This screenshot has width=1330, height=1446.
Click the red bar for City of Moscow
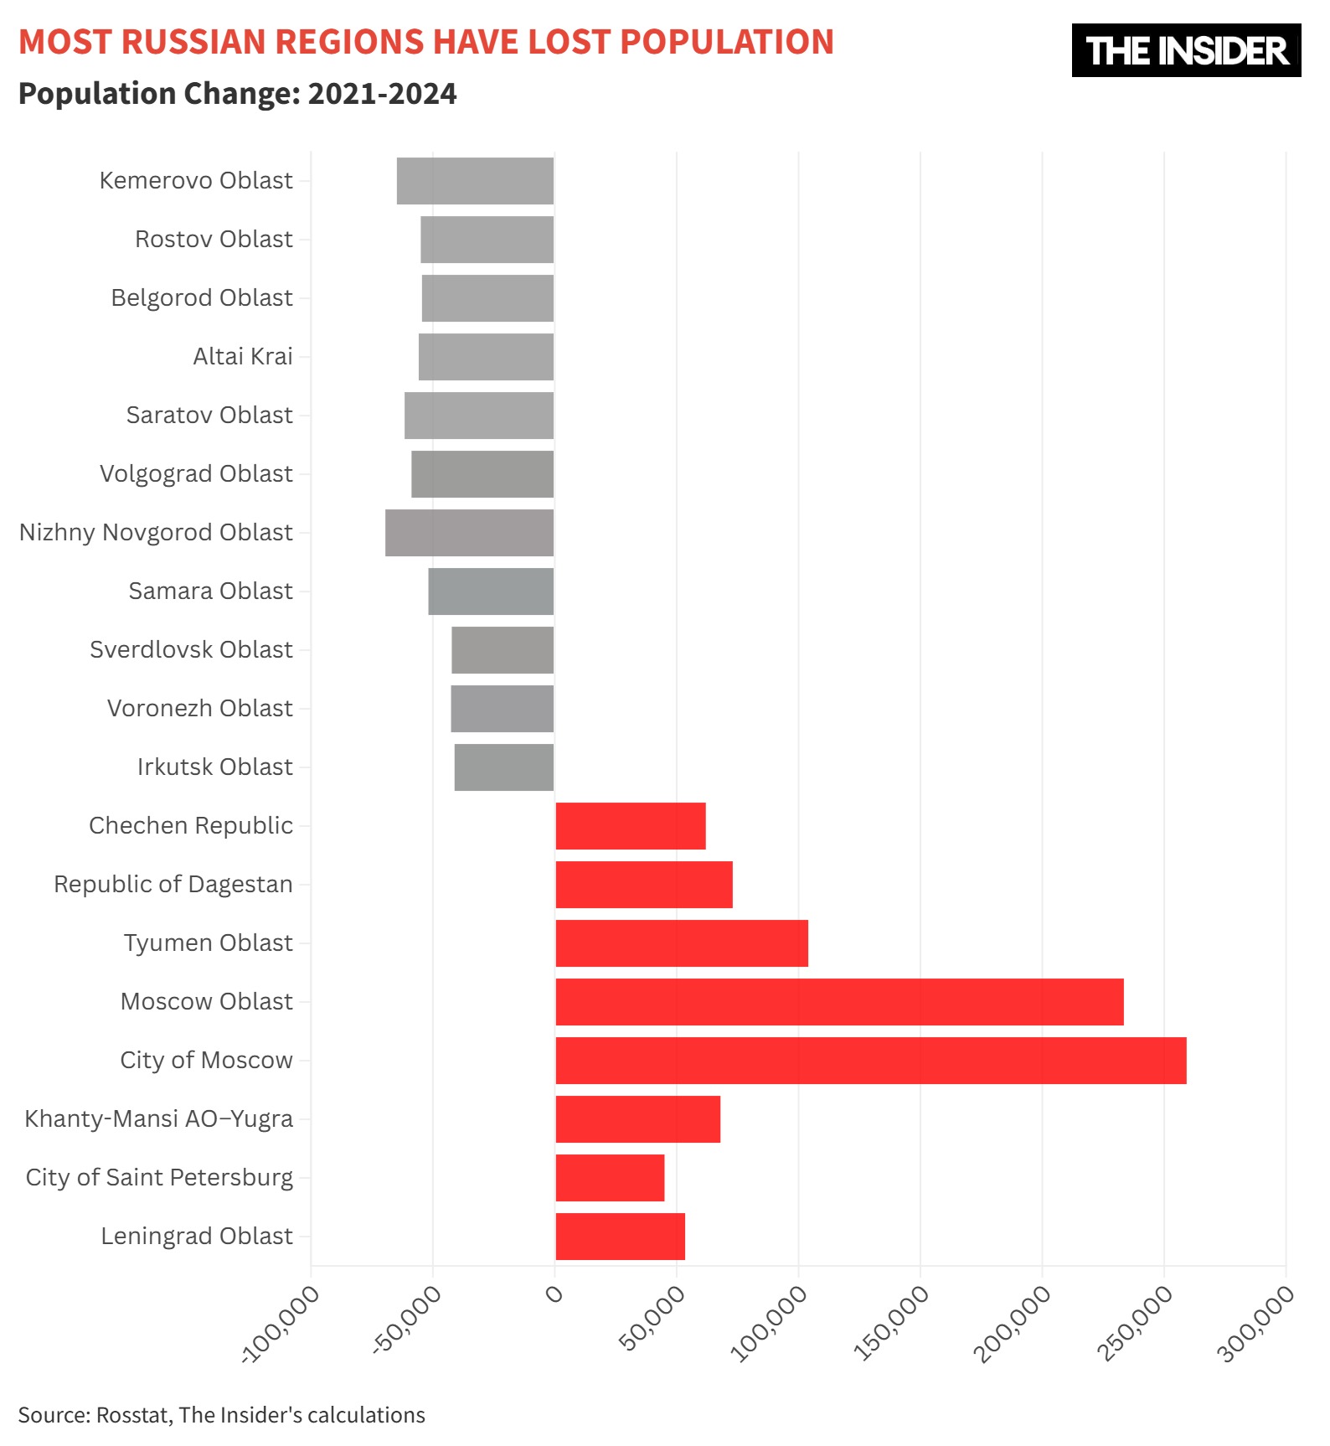coord(871,1061)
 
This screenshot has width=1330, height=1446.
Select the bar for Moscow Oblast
coord(839,1002)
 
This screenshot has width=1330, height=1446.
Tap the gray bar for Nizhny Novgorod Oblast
coord(469,533)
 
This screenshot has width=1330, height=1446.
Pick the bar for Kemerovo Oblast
coord(475,181)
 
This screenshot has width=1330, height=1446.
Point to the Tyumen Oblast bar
coord(682,943)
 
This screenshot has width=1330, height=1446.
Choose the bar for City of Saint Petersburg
coord(610,1178)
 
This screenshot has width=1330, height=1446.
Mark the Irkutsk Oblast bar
coord(504,767)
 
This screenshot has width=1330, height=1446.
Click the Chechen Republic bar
coord(631,826)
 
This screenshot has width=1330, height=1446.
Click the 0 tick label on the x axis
coord(554,1294)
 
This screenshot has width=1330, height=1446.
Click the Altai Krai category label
coord(243,357)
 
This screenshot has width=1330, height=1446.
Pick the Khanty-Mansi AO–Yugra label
coord(159,1119)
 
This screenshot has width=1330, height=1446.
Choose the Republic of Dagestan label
coord(173,885)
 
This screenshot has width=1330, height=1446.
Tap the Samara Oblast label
coord(211,591)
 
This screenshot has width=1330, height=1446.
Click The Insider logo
coord(1186,50)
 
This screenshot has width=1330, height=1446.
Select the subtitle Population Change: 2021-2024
coord(238,94)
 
